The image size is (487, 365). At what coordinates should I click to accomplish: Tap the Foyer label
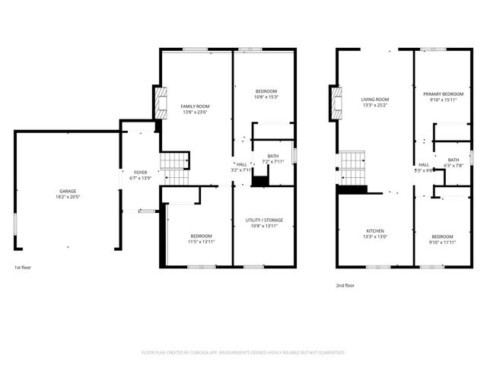click(x=140, y=173)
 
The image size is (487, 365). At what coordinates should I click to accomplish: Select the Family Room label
click(x=195, y=106)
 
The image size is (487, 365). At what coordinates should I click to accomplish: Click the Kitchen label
click(x=375, y=230)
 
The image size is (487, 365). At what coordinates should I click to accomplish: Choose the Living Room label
click(x=375, y=100)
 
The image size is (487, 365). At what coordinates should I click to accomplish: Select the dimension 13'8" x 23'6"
click(x=195, y=112)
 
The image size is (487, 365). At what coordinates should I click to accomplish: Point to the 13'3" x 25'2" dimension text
click(x=375, y=106)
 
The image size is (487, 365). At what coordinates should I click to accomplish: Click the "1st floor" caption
click(x=23, y=268)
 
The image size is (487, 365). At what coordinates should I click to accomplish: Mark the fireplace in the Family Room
click(x=161, y=105)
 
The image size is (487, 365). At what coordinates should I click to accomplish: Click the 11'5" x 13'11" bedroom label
click(x=202, y=238)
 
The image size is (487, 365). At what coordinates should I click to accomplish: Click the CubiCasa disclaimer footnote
click(x=243, y=353)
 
